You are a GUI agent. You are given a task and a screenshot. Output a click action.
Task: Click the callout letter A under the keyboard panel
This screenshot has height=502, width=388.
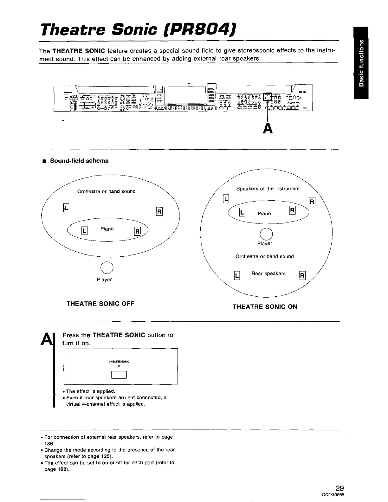click(268, 128)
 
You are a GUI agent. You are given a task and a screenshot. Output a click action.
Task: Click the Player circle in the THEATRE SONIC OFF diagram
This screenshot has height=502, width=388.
click(107, 268)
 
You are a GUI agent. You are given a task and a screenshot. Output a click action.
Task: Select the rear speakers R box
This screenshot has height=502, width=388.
click(302, 276)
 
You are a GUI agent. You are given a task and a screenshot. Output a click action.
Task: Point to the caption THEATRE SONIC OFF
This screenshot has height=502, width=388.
click(100, 304)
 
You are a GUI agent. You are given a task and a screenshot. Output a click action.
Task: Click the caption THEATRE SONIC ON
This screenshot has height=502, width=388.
click(265, 307)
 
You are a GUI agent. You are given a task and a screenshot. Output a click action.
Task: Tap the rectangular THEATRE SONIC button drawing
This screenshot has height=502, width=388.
click(119, 375)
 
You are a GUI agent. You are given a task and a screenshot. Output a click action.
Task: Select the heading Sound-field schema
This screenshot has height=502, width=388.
click(79, 161)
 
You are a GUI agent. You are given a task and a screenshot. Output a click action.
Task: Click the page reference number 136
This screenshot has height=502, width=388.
click(49, 443)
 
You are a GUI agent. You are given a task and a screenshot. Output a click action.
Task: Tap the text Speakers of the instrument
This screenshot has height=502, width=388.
click(268, 189)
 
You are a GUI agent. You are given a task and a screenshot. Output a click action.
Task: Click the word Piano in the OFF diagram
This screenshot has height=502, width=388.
click(107, 229)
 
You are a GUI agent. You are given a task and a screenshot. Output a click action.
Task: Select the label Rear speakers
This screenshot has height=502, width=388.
click(268, 274)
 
